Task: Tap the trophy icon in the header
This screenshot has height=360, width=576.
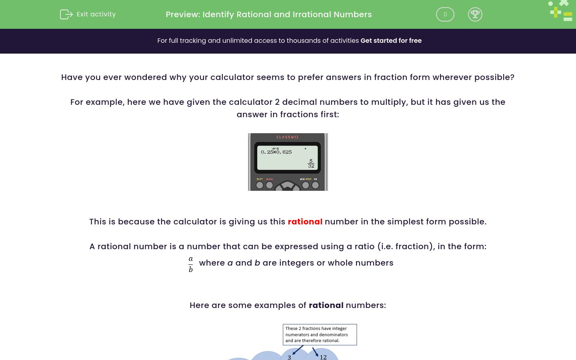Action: tap(475, 14)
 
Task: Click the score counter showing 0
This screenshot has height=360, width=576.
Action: tap(445, 14)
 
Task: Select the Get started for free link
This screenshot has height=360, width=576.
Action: tap(391, 41)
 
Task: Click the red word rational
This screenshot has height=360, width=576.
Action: tap(305, 222)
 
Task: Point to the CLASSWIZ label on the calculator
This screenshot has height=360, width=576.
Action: tap(288, 137)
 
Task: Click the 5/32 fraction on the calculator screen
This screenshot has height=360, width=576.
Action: tap(311, 164)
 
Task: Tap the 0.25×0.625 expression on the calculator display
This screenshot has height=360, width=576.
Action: tap(276, 152)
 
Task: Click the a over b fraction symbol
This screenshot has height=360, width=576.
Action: tap(191, 264)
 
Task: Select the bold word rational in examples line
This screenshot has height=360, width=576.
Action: tap(326, 305)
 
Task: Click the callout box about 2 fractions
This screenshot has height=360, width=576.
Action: tap(320, 334)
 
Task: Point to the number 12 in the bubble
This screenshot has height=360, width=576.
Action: tap(323, 357)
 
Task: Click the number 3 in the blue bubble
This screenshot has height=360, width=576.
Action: tap(289, 357)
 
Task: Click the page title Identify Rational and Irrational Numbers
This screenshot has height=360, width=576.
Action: tap(268, 14)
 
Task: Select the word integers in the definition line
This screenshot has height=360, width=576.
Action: tap(295, 263)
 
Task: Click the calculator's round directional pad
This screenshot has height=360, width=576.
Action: tap(287, 186)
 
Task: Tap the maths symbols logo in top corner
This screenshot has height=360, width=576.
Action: tap(561, 11)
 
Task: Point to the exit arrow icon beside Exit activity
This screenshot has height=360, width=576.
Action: tap(66, 14)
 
